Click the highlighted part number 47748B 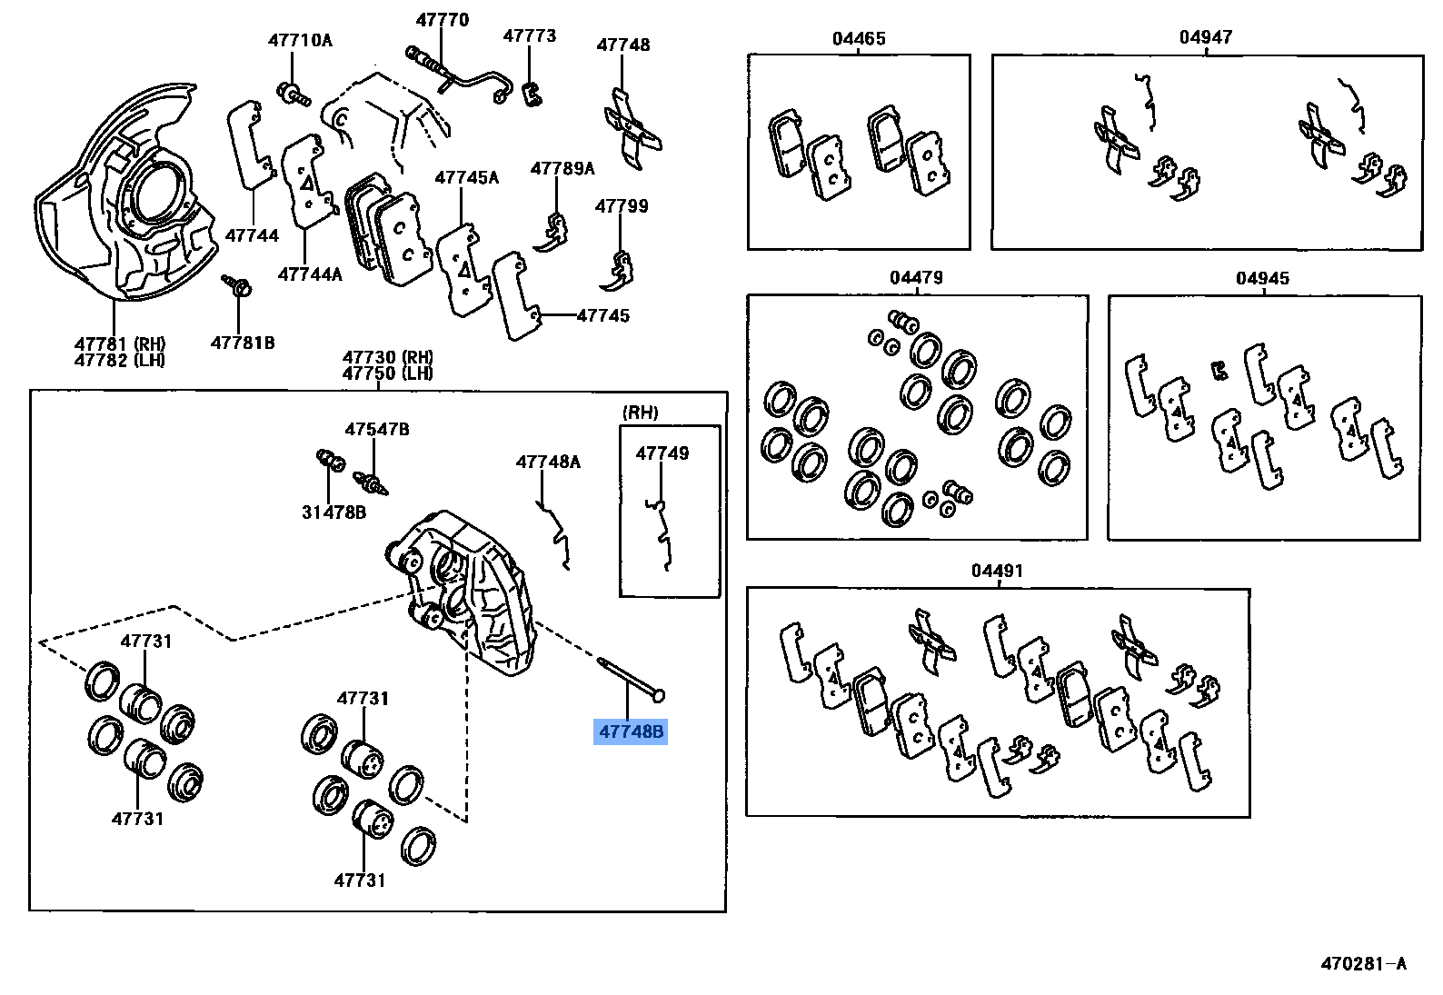[x=631, y=731]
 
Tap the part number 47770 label [x=443, y=20]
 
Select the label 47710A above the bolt [x=300, y=40]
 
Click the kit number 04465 [x=859, y=38]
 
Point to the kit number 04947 [x=1206, y=37]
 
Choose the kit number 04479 [x=916, y=277]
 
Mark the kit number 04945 [x=1262, y=278]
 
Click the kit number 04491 [x=997, y=571]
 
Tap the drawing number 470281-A [x=1363, y=964]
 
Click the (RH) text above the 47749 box [x=641, y=413]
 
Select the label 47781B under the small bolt [x=243, y=343]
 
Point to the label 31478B [x=333, y=512]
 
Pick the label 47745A [x=466, y=178]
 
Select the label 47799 [x=622, y=206]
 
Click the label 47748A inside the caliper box [x=548, y=462]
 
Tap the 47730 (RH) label [x=388, y=357]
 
